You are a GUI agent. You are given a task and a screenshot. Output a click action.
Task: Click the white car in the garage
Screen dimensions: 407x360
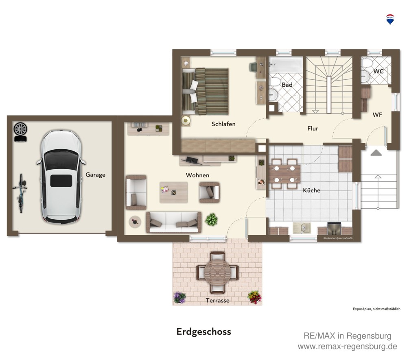tap(61, 177)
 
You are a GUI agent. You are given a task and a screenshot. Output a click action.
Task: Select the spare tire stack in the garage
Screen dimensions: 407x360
tap(20, 132)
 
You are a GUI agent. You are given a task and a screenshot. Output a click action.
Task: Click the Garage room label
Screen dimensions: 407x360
tap(96, 175)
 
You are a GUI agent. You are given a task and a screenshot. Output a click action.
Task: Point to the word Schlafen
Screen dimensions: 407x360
tap(223, 124)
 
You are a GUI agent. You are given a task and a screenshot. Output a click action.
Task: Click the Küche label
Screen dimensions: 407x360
tap(311, 190)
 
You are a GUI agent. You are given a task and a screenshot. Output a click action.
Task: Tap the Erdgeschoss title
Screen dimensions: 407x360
tap(204, 332)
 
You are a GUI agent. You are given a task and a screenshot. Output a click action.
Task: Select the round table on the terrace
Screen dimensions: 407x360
tap(217, 272)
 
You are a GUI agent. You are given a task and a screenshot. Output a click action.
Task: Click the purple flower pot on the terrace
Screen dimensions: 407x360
tap(179, 297)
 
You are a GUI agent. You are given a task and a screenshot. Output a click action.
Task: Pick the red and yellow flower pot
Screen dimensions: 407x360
tap(255, 297)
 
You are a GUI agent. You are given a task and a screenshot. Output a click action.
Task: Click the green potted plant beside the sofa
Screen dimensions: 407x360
tap(211, 220)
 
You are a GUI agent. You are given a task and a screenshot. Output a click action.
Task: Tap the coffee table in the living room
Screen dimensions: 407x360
tap(174, 192)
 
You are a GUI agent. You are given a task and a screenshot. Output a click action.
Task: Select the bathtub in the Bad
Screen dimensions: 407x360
tap(286, 65)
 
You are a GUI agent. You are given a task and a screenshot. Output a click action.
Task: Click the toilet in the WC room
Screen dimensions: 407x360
tap(367, 63)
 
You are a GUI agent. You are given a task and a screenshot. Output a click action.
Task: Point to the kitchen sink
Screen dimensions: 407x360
tap(301, 228)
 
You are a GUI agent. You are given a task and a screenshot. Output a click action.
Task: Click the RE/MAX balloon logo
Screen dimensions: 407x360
tap(390, 20)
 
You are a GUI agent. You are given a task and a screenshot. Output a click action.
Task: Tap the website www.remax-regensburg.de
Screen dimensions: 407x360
tap(347, 347)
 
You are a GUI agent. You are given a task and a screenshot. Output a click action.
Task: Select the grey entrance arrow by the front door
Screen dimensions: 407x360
tap(376, 153)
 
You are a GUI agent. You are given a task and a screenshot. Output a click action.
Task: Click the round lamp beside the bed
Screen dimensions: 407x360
tap(186, 120)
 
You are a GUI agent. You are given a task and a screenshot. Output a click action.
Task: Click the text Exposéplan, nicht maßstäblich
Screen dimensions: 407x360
tap(376, 309)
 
